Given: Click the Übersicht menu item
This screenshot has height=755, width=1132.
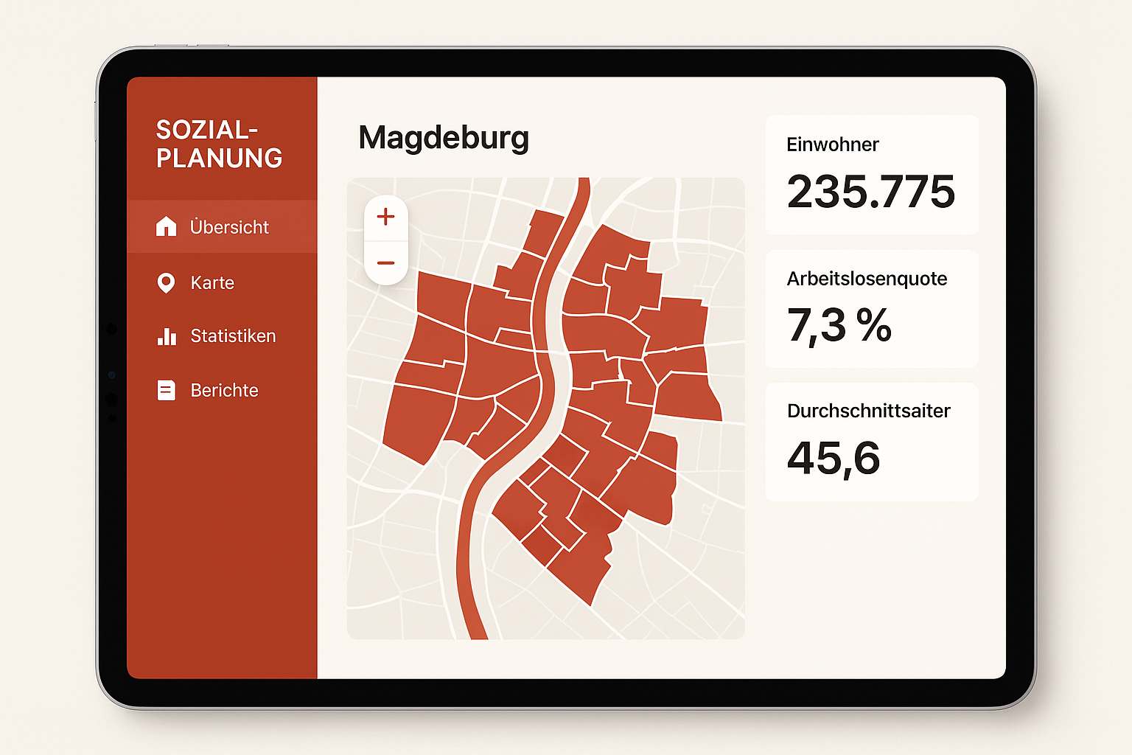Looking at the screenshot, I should pyautogui.click(x=229, y=227).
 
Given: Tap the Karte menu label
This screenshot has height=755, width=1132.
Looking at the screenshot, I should pyautogui.click(x=212, y=282).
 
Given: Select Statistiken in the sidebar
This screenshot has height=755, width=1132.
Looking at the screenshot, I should pyautogui.click(x=233, y=336).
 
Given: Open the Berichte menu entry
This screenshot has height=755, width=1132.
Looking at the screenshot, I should pyautogui.click(x=224, y=390).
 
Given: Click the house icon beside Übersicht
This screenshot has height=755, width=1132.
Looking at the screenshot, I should pyautogui.click(x=167, y=226).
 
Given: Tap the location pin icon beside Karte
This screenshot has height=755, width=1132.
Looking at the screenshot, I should pyautogui.click(x=167, y=282).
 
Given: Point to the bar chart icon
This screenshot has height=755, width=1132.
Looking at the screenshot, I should pyautogui.click(x=167, y=336).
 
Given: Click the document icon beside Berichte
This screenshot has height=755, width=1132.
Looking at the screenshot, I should pyautogui.click(x=167, y=390).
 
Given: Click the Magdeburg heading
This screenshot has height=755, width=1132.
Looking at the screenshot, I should pyautogui.click(x=444, y=138).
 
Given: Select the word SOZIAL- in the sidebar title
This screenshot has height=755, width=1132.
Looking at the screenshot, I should pyautogui.click(x=206, y=130).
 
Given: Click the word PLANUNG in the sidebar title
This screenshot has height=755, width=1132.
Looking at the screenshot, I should pyautogui.click(x=219, y=158).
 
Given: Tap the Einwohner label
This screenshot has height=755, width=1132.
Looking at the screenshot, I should pyautogui.click(x=832, y=145).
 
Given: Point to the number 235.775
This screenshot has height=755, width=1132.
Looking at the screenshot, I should pyautogui.click(x=870, y=192).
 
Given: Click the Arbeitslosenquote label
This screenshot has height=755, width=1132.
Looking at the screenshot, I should pyautogui.click(x=867, y=279).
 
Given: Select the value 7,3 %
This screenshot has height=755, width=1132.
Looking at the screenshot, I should pyautogui.click(x=839, y=325).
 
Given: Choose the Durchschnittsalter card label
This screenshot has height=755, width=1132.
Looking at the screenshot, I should pyautogui.click(x=868, y=411).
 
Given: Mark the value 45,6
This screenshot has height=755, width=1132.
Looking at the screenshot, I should pyautogui.click(x=834, y=458).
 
